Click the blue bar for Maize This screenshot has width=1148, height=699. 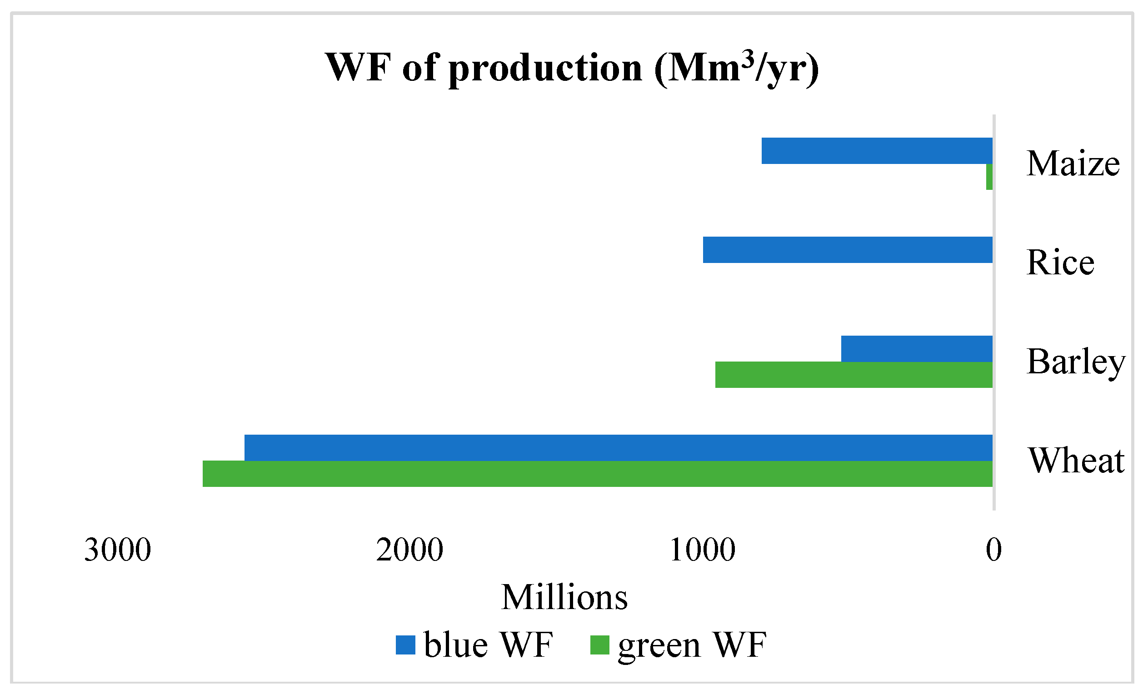coord(877,151)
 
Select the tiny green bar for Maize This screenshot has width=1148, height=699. coord(989,177)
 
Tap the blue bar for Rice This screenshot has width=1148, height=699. coord(848,250)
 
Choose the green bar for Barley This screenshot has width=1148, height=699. coord(854,375)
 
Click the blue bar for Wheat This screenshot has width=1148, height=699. coord(618,448)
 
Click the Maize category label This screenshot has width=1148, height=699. coord(1073,164)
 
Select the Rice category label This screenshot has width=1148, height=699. coord(1060,263)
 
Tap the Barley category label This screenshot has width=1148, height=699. coord(1076,362)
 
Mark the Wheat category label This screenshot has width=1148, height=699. coord(1076,461)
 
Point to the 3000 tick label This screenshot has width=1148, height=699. coord(117,550)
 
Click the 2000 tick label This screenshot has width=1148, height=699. coord(409,550)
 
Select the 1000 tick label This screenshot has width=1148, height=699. coord(702,550)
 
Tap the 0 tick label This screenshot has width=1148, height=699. coord(993,550)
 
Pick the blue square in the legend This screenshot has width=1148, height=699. coord(405,645)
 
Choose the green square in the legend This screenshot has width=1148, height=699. coord(599,645)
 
